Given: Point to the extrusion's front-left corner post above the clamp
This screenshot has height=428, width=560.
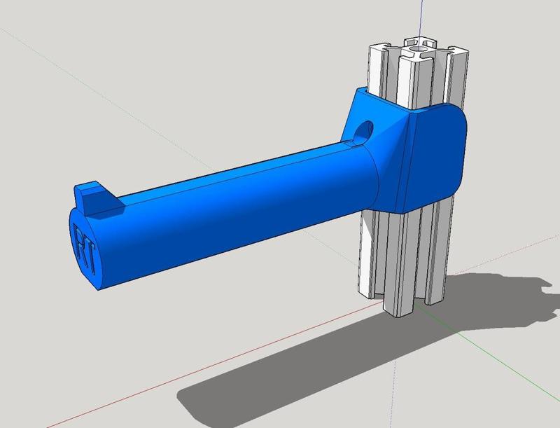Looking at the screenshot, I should tap(378, 67).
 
